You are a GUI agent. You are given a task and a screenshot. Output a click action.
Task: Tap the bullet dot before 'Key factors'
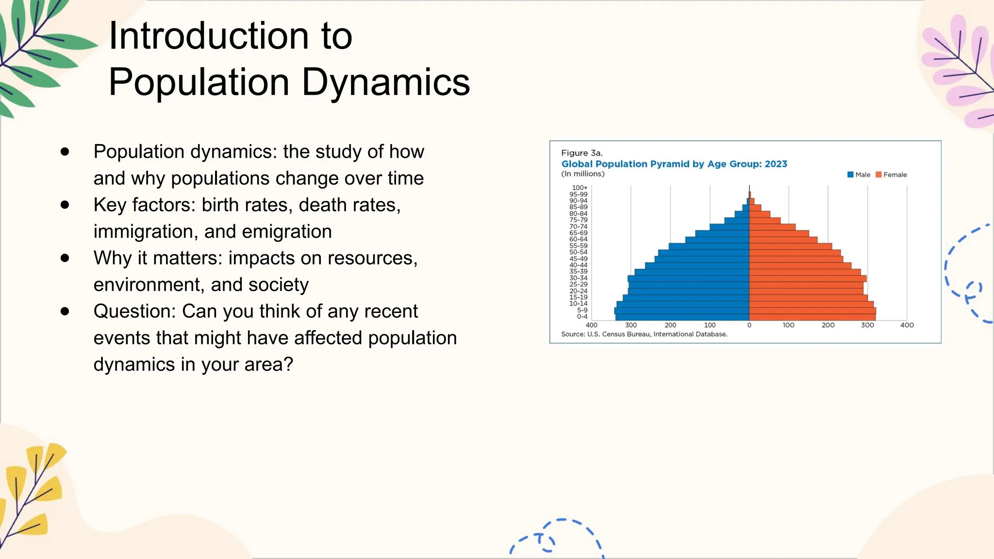click(65, 205)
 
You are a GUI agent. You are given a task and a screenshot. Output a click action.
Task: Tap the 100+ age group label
click(579, 188)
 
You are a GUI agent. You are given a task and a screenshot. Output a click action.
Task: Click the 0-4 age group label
click(582, 317)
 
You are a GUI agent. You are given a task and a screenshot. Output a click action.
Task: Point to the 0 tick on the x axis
click(749, 325)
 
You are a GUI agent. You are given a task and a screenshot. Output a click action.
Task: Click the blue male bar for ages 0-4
click(682, 317)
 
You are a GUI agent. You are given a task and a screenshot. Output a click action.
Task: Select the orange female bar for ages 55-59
click(790, 246)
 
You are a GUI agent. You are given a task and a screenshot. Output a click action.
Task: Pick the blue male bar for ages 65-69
click(722, 233)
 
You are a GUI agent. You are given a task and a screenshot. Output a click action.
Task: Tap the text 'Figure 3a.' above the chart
click(581, 153)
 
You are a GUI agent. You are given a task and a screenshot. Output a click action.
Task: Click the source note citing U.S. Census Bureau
click(644, 334)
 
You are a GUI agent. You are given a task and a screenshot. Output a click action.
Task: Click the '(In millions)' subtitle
click(582, 174)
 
